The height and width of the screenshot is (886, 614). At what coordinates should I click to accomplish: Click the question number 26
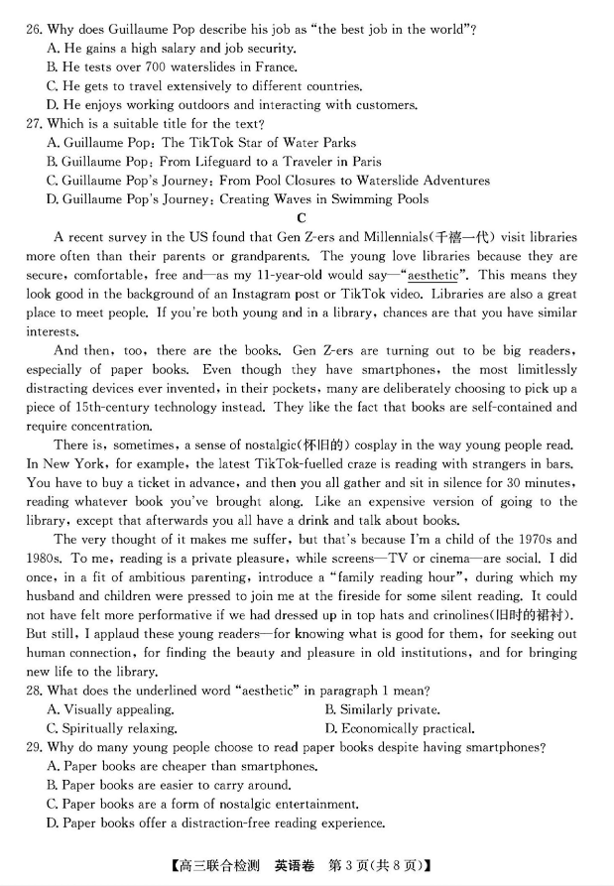click(x=35, y=29)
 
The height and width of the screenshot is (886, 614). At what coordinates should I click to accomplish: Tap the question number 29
click(x=35, y=747)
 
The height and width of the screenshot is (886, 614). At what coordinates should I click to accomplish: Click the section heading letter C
click(x=302, y=218)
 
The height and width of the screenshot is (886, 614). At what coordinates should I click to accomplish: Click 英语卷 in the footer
click(x=294, y=866)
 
